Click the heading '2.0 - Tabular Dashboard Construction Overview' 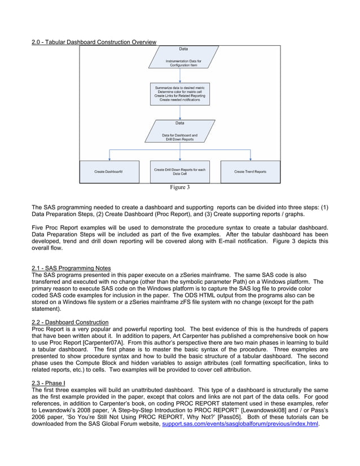(x=94, y=43)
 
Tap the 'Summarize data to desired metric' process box (x=179, y=93)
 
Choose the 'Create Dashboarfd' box (x=108, y=172)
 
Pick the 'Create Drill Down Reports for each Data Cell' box (x=179, y=172)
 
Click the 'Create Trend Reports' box (x=250, y=172)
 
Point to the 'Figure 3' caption (x=180, y=187)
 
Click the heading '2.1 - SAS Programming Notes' (x=71, y=268)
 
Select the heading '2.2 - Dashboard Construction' (x=70, y=322)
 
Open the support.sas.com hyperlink (x=240, y=423)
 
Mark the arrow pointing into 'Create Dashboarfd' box (x=108, y=156)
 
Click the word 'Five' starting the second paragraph (x=38, y=227)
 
